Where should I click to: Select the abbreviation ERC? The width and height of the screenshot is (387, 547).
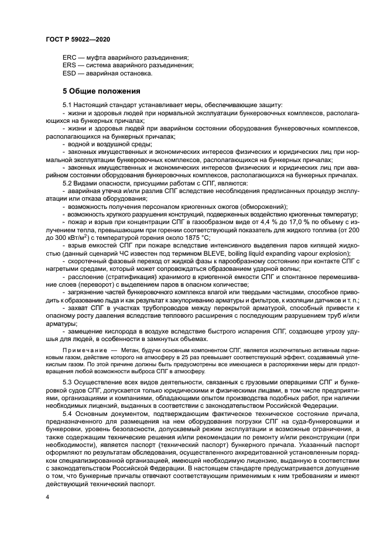(70, 58)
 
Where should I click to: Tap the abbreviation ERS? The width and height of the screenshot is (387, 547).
(70, 66)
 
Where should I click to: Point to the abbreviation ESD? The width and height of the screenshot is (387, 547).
(70, 73)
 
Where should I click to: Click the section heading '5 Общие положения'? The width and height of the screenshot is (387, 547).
(101, 91)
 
